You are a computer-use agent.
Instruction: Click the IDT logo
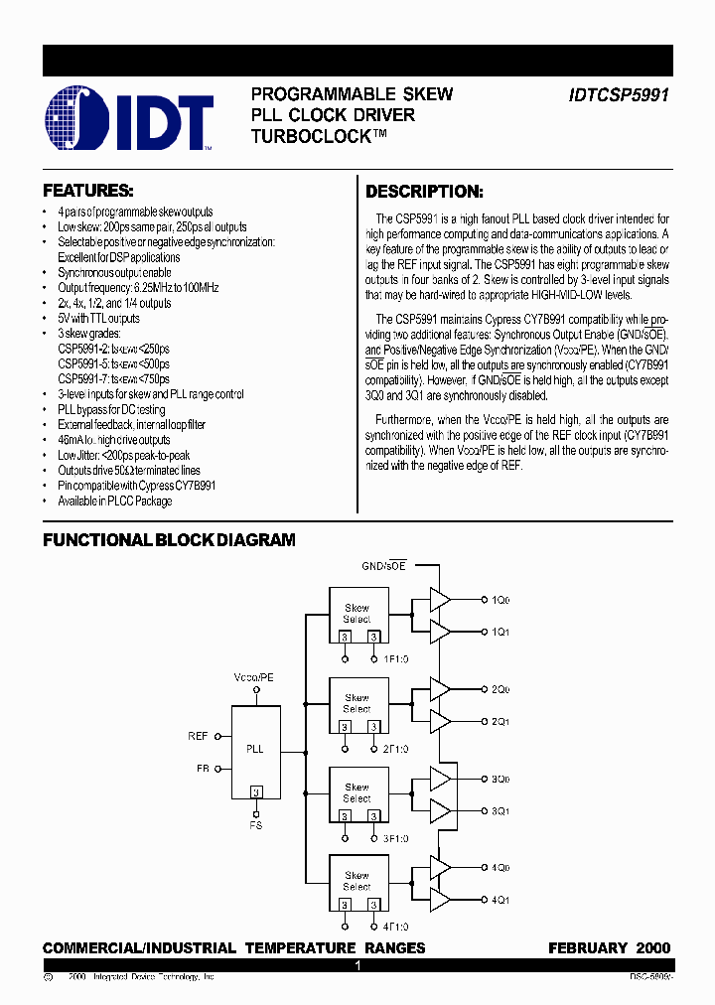point(130,121)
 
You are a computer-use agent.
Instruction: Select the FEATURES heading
point(87,190)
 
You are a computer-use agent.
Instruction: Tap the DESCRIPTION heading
point(424,192)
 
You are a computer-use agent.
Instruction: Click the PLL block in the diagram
point(255,749)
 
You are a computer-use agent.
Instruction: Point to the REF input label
point(198,736)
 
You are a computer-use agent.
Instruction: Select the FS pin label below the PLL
point(256,825)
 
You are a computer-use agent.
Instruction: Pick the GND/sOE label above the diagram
point(384,565)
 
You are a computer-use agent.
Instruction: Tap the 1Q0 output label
point(500,600)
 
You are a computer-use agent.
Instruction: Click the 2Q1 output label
point(500,721)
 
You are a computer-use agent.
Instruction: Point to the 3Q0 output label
point(500,779)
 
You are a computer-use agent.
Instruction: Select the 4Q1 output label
point(500,900)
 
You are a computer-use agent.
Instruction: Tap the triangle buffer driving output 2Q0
point(439,689)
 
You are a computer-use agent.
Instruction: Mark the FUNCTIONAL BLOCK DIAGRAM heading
point(169,540)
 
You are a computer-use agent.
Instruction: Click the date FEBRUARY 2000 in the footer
point(609,948)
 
